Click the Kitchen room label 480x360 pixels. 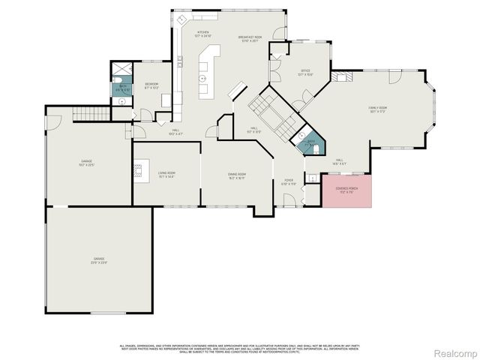[203, 34]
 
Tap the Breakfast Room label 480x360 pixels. [250, 38]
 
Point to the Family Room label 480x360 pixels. [377, 110]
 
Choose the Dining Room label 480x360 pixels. [237, 175]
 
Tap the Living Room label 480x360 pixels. [166, 175]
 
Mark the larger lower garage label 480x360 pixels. [99, 261]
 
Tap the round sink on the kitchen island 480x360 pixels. [202, 78]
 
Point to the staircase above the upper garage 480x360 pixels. [86, 112]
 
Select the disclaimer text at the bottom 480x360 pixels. [240, 348]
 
